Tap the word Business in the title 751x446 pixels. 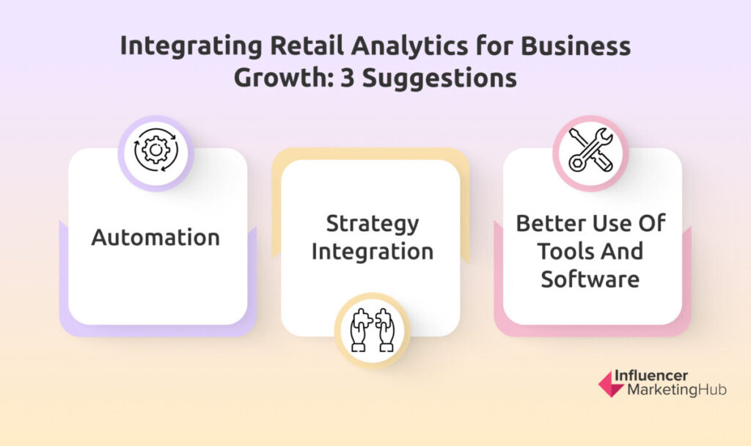576,46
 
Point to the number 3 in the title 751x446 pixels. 347,78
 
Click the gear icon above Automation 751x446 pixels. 155,150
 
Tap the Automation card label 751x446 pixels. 155,237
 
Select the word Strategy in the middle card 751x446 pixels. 373,224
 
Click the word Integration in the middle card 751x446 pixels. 373,252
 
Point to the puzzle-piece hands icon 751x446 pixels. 372,331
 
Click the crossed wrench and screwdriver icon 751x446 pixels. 590,150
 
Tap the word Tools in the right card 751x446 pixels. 563,251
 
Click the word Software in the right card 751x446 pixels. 590,279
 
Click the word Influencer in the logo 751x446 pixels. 651,375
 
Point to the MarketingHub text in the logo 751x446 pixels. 677,390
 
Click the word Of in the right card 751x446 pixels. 653,223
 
